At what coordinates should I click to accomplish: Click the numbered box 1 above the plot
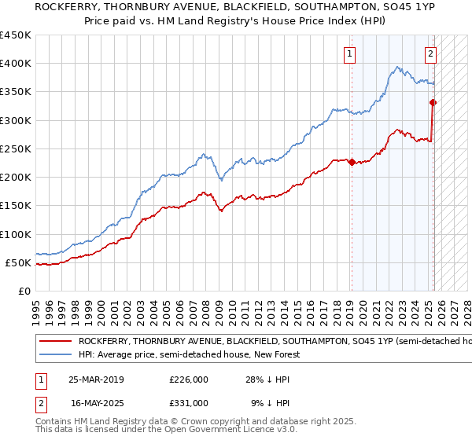coord(348,54)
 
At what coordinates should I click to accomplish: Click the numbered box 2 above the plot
coord(431,54)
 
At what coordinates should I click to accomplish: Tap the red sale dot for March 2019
coord(352,163)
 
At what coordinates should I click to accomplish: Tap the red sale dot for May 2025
coord(433,102)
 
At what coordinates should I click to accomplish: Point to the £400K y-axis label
coord(16,64)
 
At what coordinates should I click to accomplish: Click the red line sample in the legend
coord(55,342)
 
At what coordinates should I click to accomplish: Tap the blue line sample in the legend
coord(55,354)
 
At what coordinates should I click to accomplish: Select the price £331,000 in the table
coord(189,402)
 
